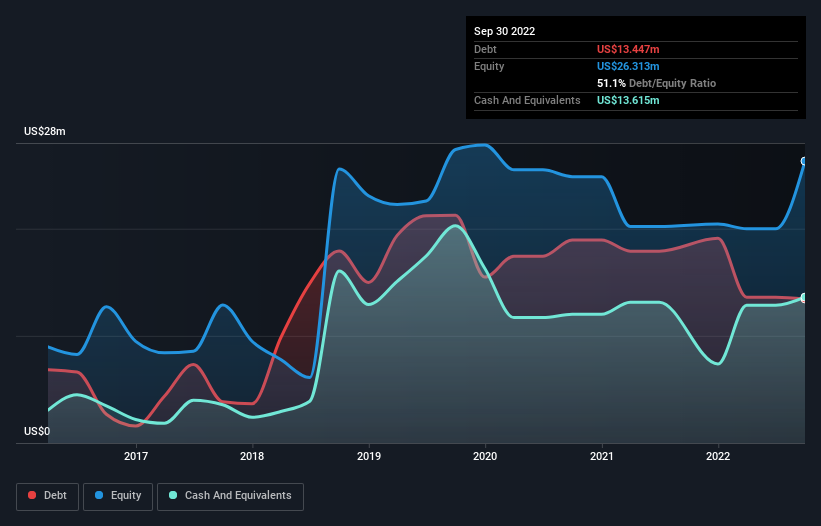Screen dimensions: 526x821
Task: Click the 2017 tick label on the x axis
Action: point(136,457)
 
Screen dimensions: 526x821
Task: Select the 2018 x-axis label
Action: point(253,457)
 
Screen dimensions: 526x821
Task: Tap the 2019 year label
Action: point(369,457)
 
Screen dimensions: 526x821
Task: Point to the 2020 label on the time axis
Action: point(485,457)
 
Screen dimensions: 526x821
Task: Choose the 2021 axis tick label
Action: point(602,457)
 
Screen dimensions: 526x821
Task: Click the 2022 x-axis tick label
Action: point(718,457)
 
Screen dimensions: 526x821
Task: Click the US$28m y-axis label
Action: point(44,132)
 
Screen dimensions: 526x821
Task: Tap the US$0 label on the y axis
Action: point(37,432)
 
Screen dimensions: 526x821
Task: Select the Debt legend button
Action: point(47,496)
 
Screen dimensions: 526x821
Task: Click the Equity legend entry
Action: point(118,496)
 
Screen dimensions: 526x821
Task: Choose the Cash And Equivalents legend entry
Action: point(230,496)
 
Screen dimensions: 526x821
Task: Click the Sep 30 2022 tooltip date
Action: point(504,31)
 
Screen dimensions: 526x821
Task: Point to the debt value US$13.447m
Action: point(628,49)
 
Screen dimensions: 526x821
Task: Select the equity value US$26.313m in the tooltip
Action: point(628,66)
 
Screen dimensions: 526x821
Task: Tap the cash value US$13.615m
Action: point(628,100)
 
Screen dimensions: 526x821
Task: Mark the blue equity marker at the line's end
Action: point(804,161)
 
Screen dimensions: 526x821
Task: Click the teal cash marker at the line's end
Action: point(804,298)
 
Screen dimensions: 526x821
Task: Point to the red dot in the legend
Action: point(33,496)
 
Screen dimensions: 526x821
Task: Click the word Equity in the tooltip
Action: point(490,66)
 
